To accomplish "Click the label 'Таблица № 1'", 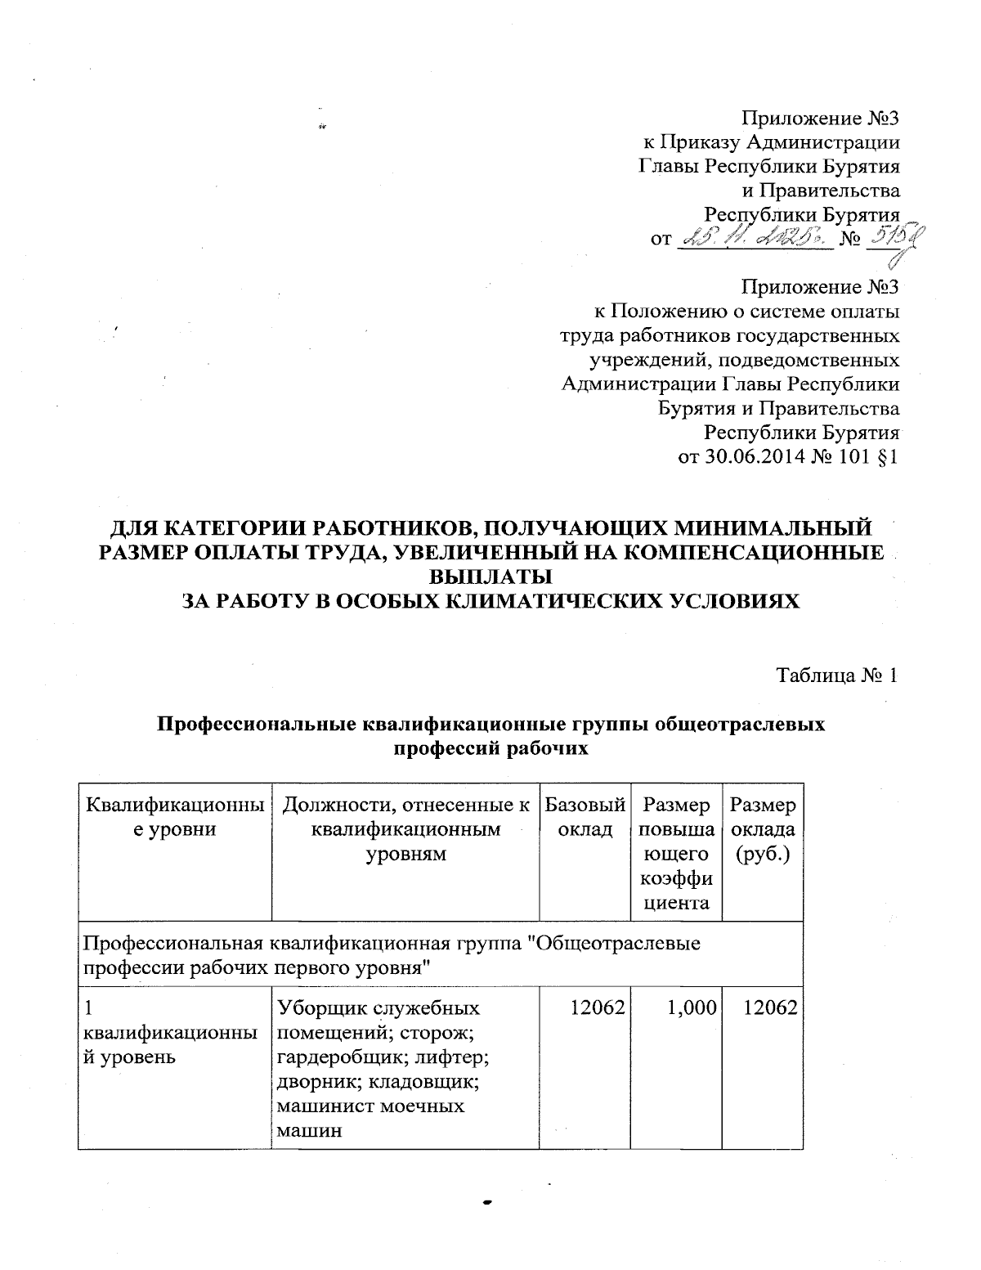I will (837, 675).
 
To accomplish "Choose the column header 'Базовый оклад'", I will (585, 817).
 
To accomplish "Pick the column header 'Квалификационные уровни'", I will (174, 817).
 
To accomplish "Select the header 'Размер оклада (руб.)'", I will (763, 830).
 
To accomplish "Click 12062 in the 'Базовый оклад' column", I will (601, 1008).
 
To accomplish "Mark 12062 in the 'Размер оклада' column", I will (771, 1008).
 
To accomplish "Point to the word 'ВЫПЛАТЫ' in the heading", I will (490, 576).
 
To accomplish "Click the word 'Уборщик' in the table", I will (320, 1008).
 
